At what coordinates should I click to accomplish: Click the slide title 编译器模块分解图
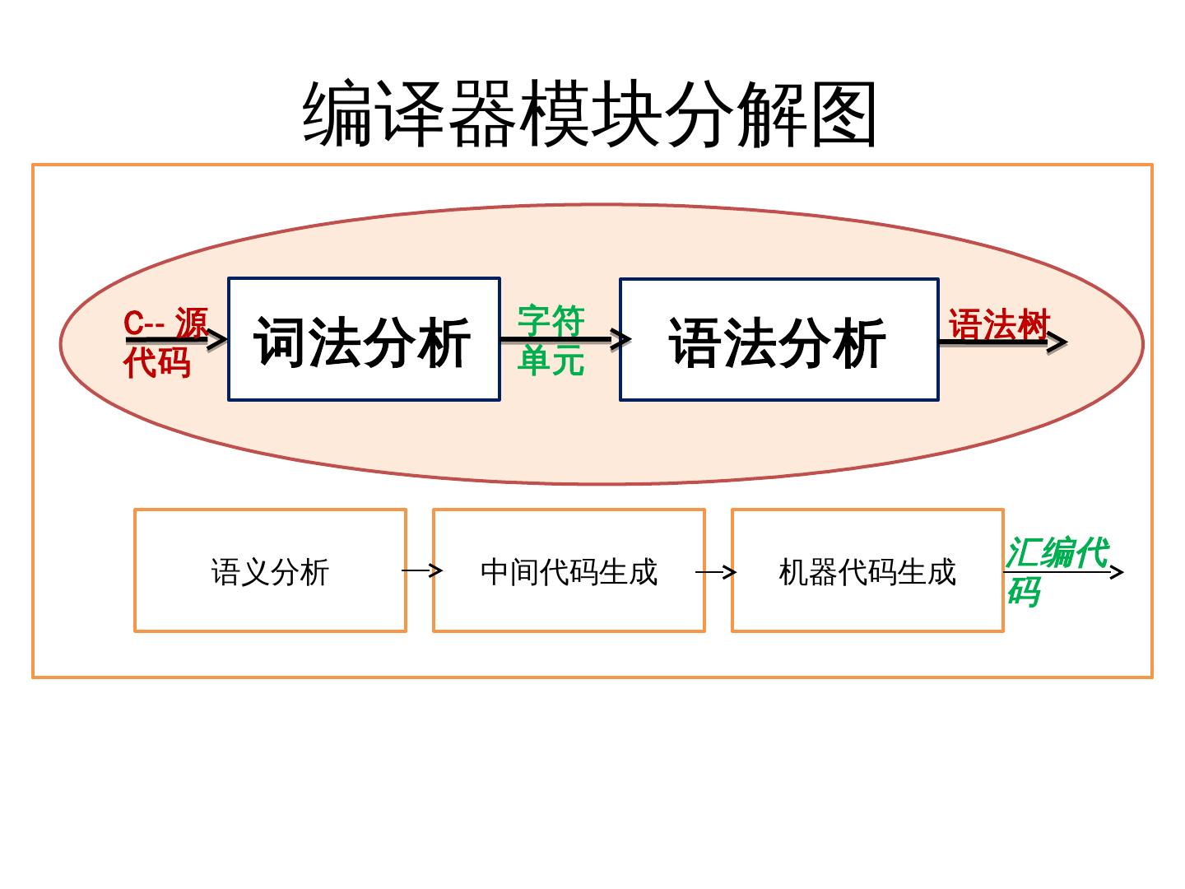pyautogui.click(x=590, y=114)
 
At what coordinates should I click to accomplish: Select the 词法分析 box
pyautogui.click(x=364, y=340)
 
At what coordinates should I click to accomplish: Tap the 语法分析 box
pyautogui.click(x=778, y=340)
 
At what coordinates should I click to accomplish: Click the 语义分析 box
pyautogui.click(x=270, y=570)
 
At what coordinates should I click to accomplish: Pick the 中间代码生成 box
pyautogui.click(x=569, y=570)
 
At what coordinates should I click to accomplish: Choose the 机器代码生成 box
pyautogui.click(x=867, y=570)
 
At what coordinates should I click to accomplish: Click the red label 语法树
pyautogui.click(x=998, y=324)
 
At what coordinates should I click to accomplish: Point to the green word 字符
pyautogui.click(x=551, y=320)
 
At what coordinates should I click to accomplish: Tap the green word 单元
pyautogui.click(x=551, y=360)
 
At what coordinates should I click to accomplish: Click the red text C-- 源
pyautogui.click(x=165, y=323)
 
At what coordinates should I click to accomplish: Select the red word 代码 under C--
pyautogui.click(x=157, y=362)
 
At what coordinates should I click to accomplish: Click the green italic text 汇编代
pyautogui.click(x=1057, y=552)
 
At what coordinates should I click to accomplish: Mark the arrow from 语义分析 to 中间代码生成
pyautogui.click(x=422, y=570)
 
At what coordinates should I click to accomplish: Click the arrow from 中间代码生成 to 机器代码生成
pyautogui.click(x=716, y=571)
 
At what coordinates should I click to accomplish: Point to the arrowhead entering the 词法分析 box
pyautogui.click(x=217, y=338)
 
